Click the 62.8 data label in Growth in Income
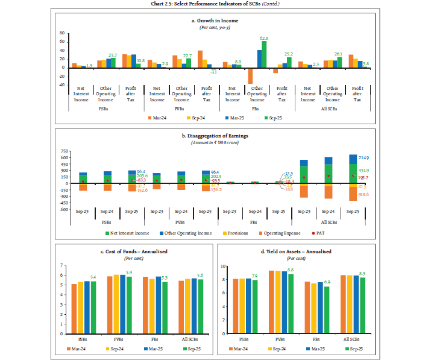[x=264, y=37]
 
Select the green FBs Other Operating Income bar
[x=264, y=54]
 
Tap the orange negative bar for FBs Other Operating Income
[x=250, y=75]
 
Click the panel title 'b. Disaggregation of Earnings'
[x=215, y=136]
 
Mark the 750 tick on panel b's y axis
[x=62, y=151]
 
